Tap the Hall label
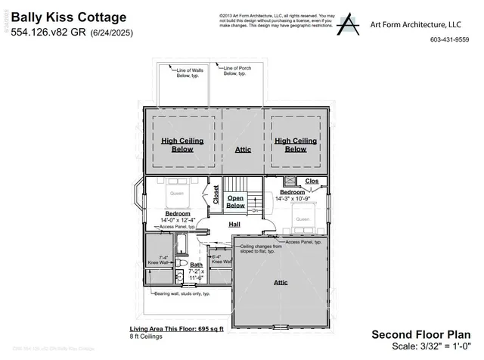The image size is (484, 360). pyautogui.click(x=235, y=224)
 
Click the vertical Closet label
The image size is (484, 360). pyautogui.click(x=216, y=195)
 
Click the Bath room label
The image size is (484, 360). pyautogui.click(x=196, y=264)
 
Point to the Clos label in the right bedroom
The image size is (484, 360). pyautogui.click(x=312, y=181)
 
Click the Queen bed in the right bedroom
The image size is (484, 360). pyautogui.click(x=302, y=219)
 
